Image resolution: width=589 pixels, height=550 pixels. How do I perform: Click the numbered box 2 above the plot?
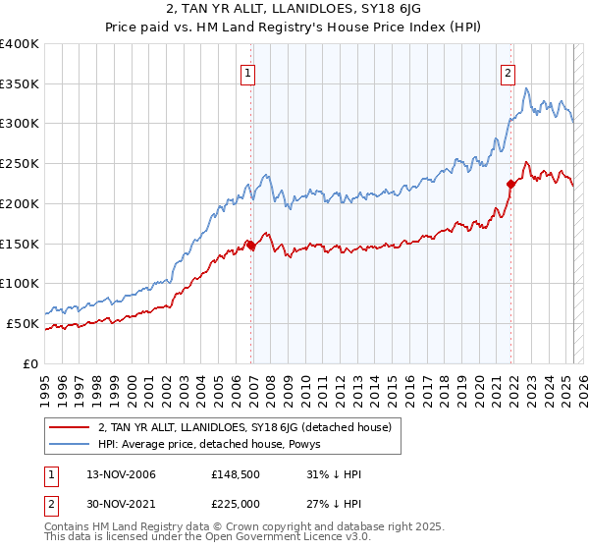508,72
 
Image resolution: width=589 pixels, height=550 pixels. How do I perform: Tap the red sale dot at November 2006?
251,245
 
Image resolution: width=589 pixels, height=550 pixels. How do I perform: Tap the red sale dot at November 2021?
511,184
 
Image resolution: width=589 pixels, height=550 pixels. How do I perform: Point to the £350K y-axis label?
20,84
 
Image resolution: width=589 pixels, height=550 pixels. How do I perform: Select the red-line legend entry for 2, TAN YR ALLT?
244,427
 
